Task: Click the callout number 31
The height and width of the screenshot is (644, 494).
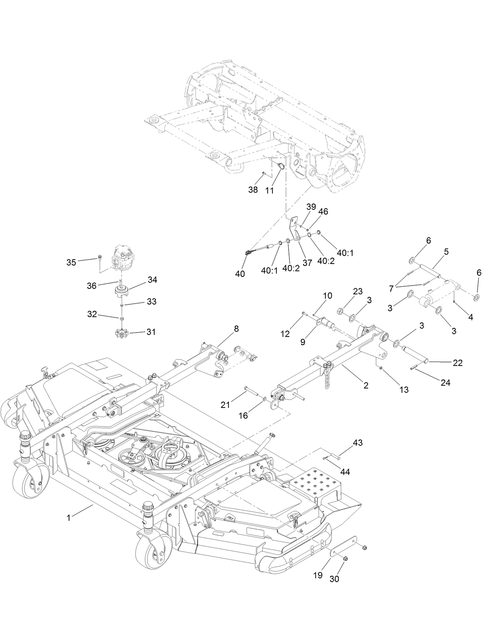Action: point(151,332)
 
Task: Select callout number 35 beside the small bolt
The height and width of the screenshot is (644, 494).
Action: point(71,262)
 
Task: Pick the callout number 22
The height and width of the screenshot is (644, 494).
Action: point(458,363)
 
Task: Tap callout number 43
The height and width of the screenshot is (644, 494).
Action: point(358,442)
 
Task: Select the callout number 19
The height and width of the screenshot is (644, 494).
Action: point(318,575)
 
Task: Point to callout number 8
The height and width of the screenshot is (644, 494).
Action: point(236,329)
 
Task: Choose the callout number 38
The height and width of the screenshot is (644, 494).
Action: point(253,190)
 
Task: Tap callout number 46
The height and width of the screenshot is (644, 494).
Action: point(323,211)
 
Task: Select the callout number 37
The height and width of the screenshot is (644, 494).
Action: point(307,262)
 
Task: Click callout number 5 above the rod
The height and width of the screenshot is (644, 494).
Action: point(446,251)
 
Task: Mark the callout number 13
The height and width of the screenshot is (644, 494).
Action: point(404,389)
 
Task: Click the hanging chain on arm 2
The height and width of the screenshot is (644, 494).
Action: point(328,379)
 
